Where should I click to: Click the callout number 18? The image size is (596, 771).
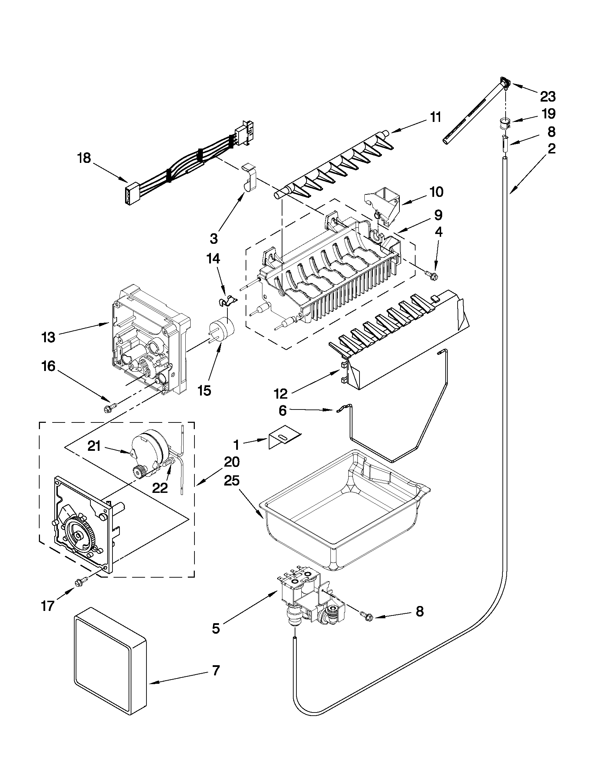(84, 158)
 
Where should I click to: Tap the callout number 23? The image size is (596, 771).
(548, 96)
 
